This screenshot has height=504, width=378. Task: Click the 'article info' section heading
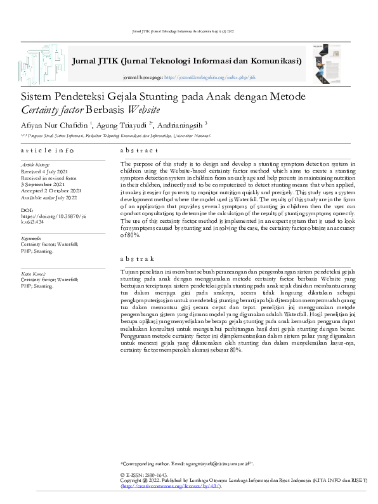[47, 150]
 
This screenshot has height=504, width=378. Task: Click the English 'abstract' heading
[139, 150]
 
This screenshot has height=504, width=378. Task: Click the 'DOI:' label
[27, 208]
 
